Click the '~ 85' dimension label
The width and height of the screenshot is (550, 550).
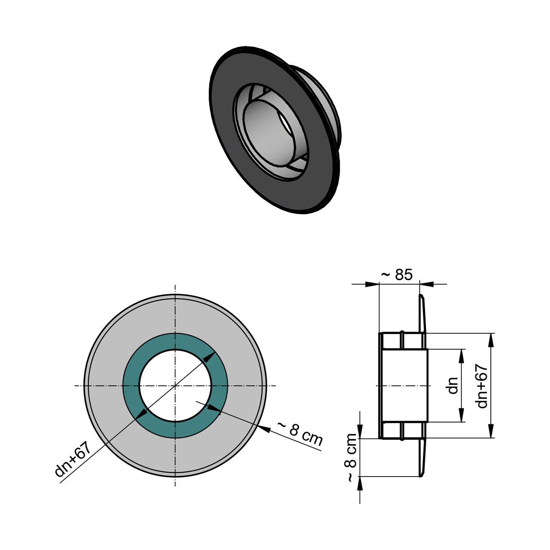397,275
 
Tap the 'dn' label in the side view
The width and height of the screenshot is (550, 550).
453,385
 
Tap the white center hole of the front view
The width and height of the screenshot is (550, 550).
175,385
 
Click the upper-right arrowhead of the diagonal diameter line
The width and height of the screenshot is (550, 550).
210,357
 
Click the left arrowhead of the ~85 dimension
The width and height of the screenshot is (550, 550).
372,284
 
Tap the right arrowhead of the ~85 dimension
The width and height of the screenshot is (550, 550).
427,284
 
